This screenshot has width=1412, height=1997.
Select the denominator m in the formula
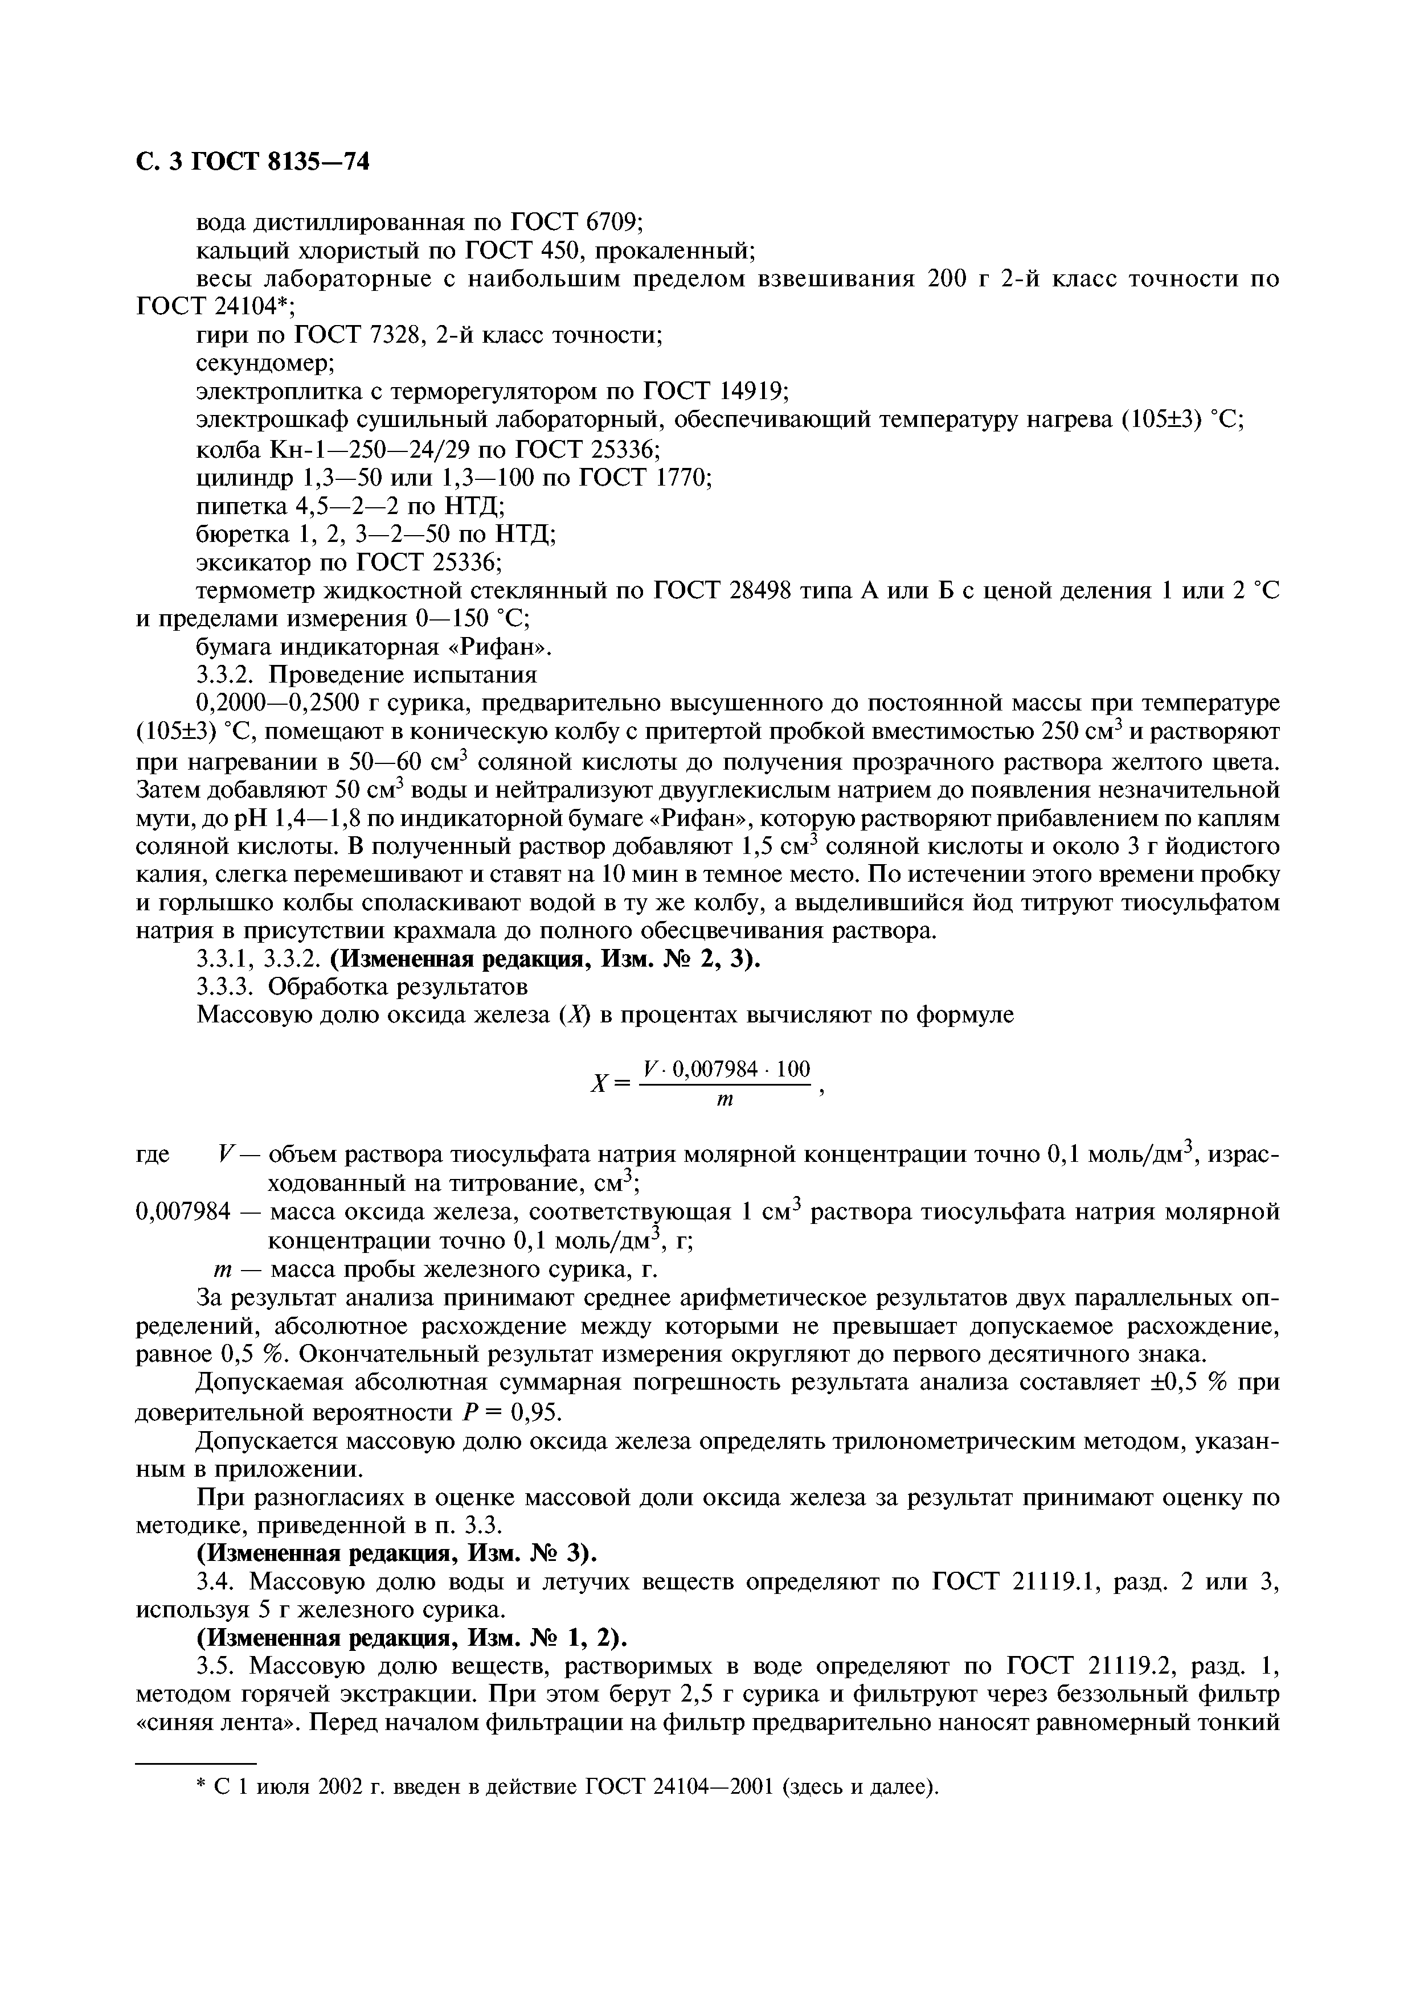click(x=725, y=1101)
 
